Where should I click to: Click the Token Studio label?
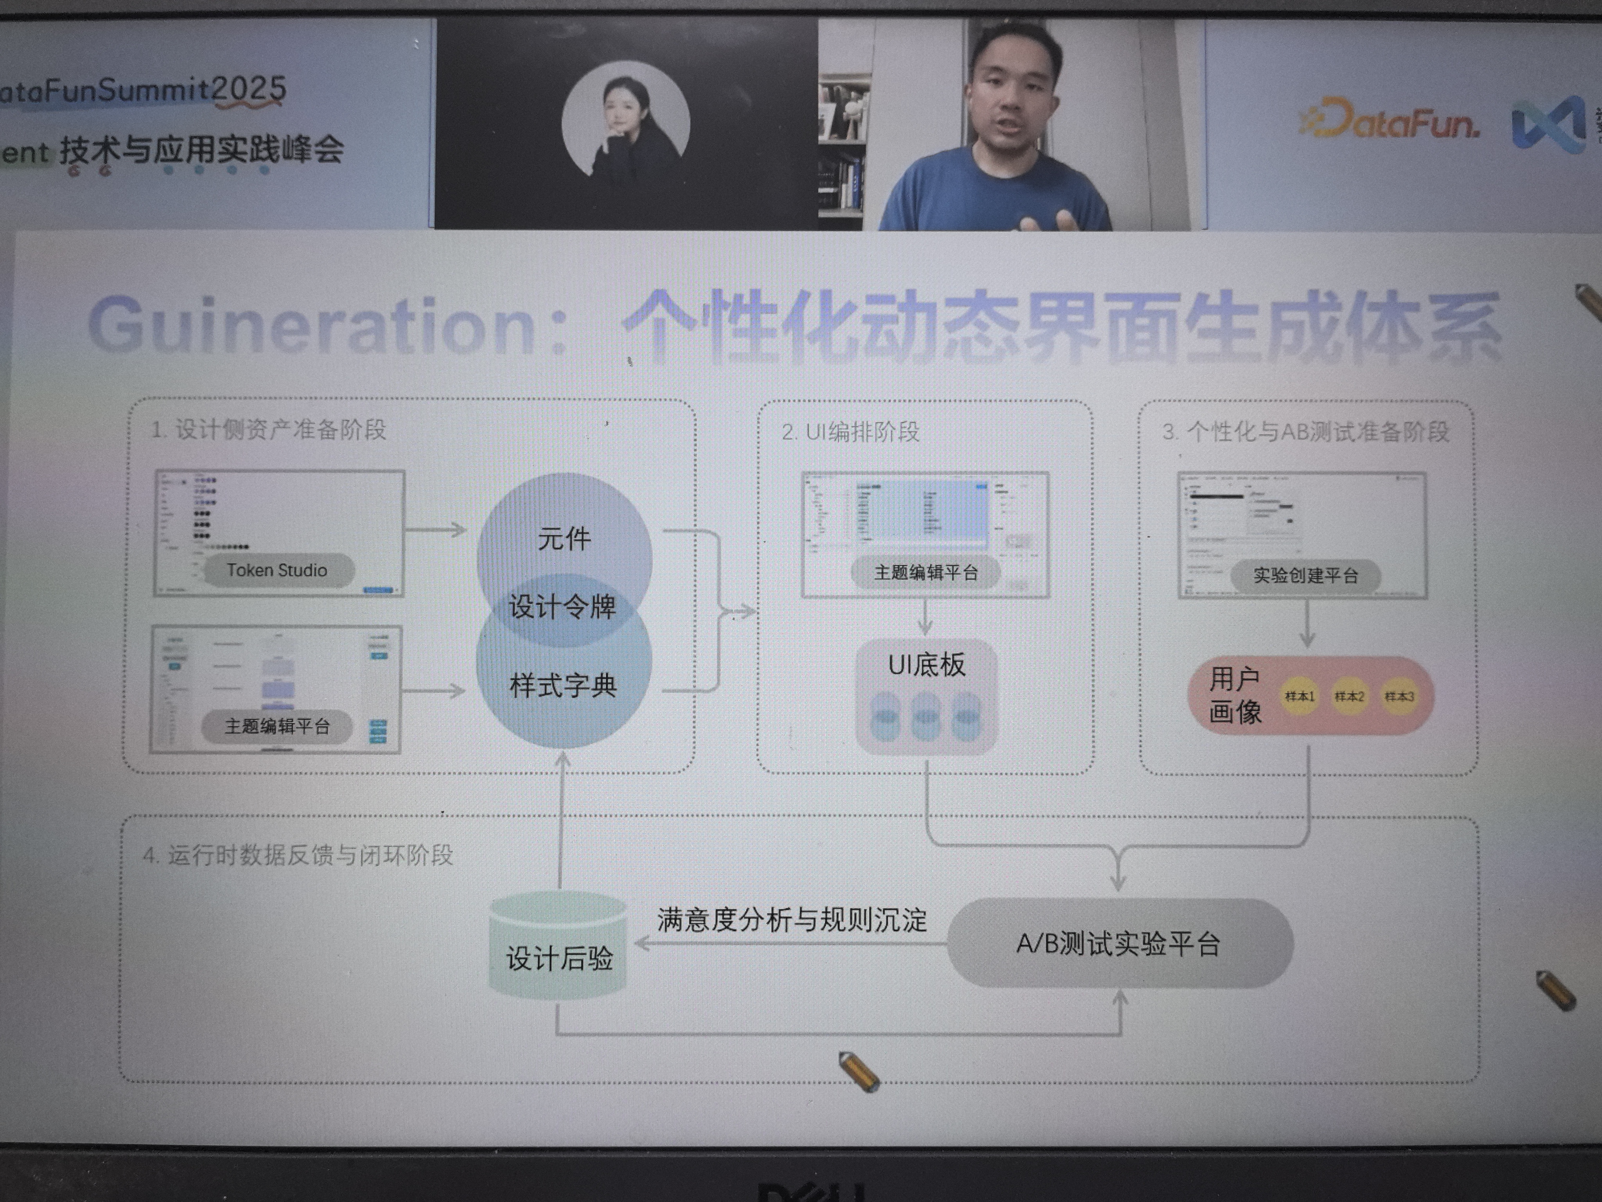coord(277,570)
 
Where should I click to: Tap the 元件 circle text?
coord(564,538)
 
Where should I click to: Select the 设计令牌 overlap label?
coord(563,606)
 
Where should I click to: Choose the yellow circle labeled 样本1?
coord(1299,696)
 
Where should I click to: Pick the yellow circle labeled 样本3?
coord(1399,696)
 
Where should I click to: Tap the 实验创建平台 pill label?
coord(1305,576)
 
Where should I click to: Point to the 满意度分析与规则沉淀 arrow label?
coord(792,919)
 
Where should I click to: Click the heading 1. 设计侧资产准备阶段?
coord(269,430)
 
